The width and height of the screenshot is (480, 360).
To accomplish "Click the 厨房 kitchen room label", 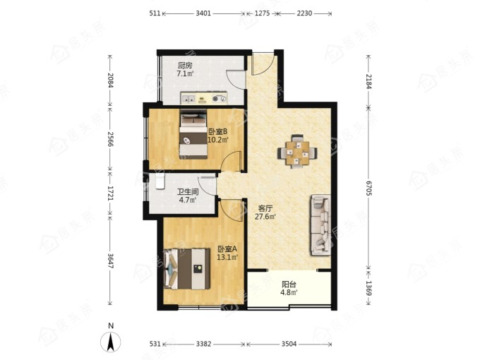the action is pos(185,66).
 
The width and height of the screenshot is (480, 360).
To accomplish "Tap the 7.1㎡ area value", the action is pos(185,74).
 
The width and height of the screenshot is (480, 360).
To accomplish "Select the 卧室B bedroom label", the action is pos(217,132).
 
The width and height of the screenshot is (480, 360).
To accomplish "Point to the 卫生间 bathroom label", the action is pos(188,192).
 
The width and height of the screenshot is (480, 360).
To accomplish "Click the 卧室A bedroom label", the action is pos(227,249).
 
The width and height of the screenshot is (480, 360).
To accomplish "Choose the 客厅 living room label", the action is pos(265,209).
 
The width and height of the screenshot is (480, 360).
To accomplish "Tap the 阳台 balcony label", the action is pos(289,284).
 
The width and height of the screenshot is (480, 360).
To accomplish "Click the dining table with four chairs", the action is pos(297,152).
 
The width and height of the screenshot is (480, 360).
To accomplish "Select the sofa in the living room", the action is pos(321,225).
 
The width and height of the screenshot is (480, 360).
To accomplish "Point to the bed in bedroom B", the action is pos(193,134).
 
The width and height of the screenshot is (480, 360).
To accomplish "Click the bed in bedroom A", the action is pos(187,269).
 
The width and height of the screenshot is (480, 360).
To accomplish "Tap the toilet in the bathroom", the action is pos(160,181).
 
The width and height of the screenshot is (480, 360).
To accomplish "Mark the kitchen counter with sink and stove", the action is pos(204,98).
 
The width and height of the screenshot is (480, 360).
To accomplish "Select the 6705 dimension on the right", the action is pos(369,188).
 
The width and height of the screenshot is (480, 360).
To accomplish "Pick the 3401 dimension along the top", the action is pos(203,13).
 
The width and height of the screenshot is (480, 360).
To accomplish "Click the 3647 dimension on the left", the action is pos(110,261).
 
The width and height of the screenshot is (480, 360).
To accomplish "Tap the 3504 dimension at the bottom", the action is pos(289,344).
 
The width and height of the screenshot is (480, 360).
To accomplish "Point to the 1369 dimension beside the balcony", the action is pos(369,289).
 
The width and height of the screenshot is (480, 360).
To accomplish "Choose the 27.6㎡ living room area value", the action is pos(265,217).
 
